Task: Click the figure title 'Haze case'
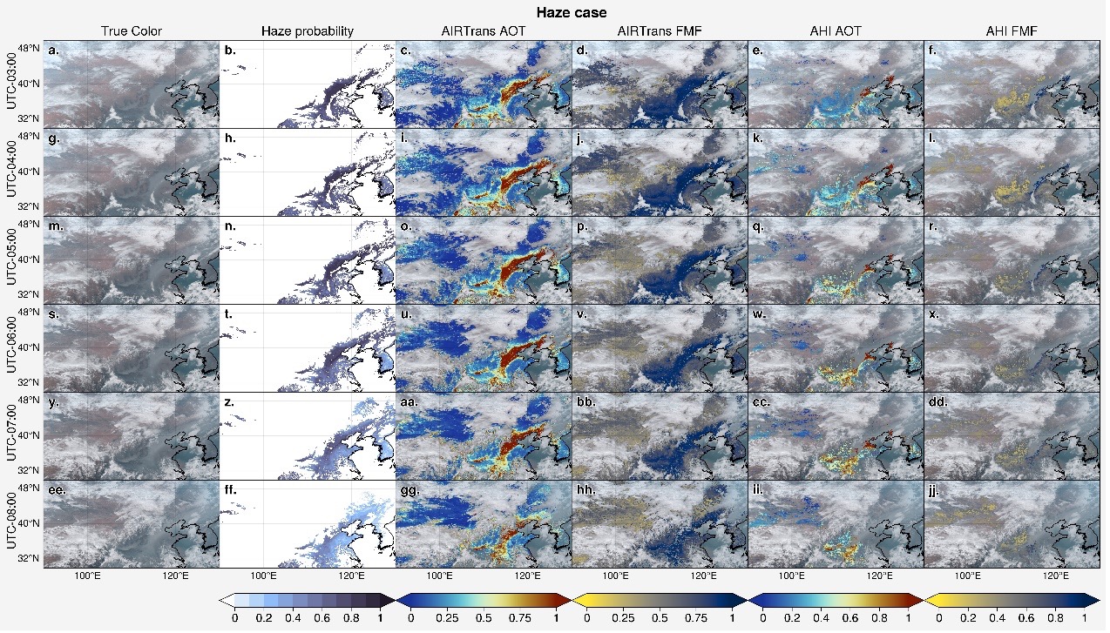tap(572, 12)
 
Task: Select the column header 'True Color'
tap(132, 31)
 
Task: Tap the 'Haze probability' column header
tap(308, 31)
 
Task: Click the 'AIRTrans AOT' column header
tap(484, 31)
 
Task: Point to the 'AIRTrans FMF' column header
tap(660, 31)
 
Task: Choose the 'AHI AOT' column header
tap(836, 31)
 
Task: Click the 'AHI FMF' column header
tap(1012, 31)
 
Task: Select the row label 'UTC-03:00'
tap(10, 84)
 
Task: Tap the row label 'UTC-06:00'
tap(10, 347)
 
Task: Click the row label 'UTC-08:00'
tap(10, 523)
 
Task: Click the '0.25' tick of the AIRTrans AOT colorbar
tap(447, 617)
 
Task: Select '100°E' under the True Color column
tap(88, 576)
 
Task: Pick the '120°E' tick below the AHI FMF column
tap(1056, 576)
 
